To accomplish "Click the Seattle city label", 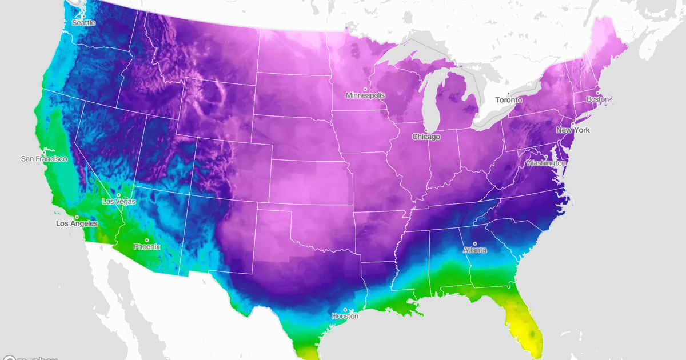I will [x=83, y=23].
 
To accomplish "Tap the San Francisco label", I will [x=44, y=159].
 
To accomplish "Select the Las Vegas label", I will [x=119, y=202].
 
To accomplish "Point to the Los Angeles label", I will [x=77, y=223].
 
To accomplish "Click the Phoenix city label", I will [x=147, y=247].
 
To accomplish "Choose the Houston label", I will [x=345, y=316].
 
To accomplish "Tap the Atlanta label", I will [x=475, y=250].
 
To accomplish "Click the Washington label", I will [x=546, y=163].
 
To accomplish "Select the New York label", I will [x=573, y=130].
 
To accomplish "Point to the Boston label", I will [x=597, y=99].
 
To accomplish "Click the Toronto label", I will [x=508, y=100].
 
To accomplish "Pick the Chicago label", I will [x=426, y=137].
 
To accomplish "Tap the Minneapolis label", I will [x=365, y=95].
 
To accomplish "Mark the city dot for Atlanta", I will [x=475, y=244].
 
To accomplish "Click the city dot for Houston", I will [x=345, y=310].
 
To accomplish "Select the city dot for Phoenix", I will [x=147, y=240].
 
